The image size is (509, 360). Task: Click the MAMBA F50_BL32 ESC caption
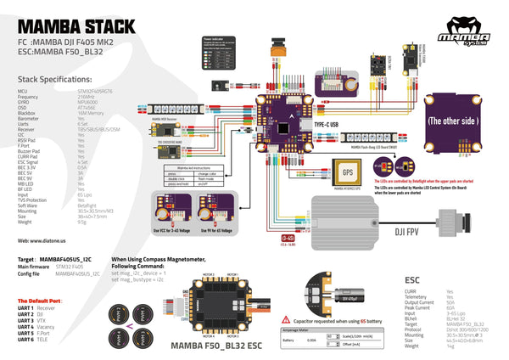215,346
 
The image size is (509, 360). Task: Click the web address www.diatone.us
42,241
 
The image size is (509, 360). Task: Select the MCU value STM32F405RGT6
94,88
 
